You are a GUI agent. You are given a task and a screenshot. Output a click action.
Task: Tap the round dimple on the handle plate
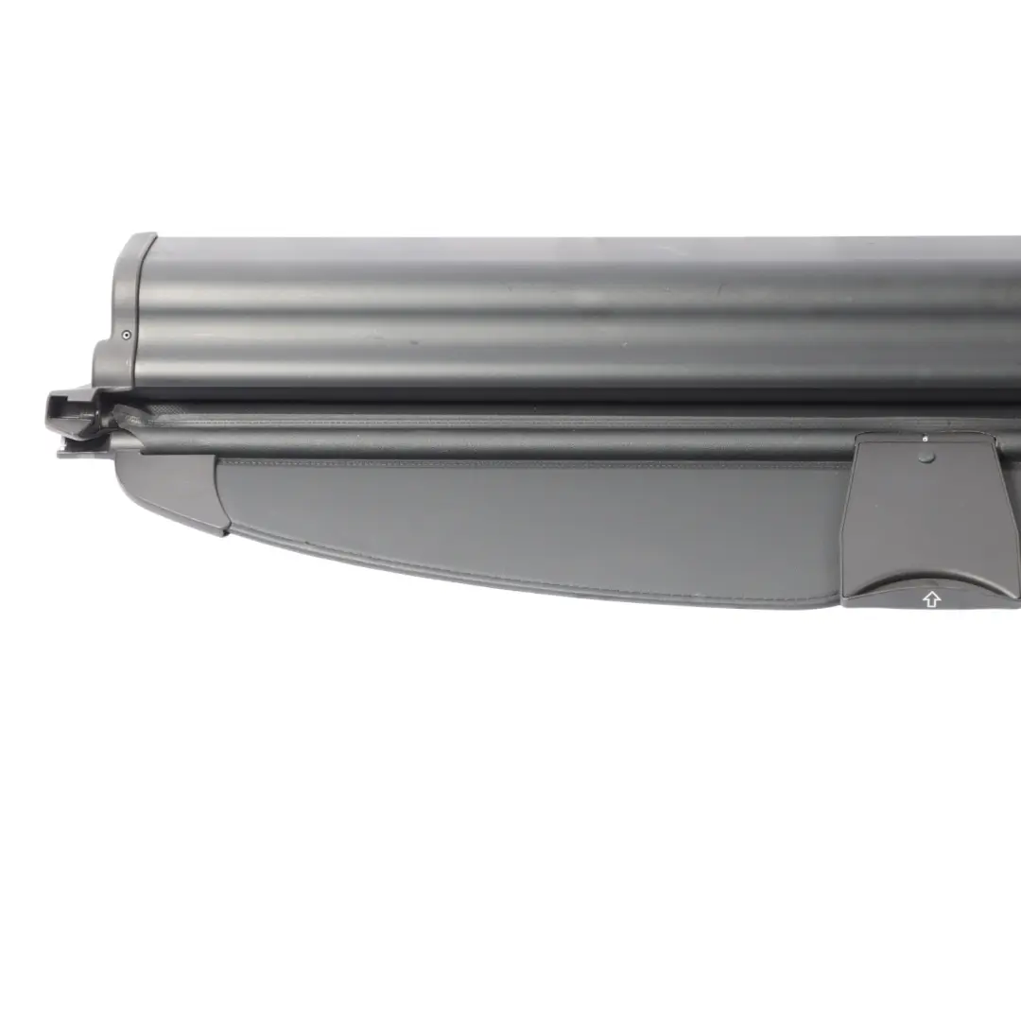pos(926,456)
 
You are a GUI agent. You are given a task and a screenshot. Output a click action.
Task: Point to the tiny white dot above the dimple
pos(926,440)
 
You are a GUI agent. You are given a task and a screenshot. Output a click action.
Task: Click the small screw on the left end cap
pos(127,334)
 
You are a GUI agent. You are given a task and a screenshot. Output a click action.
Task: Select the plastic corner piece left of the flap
pos(175,487)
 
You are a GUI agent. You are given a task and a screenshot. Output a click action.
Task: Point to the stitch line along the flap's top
pos(529,464)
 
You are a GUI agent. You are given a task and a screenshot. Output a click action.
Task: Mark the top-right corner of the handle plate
pos(993,438)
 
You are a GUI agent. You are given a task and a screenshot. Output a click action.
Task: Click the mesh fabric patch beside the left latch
pos(132,416)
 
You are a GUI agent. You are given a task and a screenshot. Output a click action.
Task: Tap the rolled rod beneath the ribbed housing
pos(492,437)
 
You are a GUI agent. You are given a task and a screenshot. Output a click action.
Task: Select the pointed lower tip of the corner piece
pos(223,531)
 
